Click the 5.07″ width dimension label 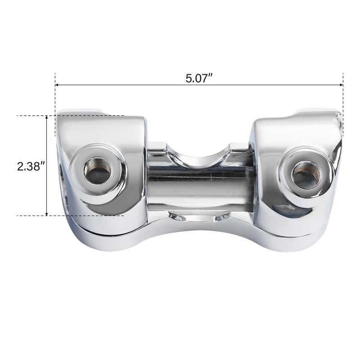click(198, 78)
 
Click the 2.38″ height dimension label click(31, 166)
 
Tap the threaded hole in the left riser click(98, 171)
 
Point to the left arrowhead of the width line click(57, 85)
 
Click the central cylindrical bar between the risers click(198, 184)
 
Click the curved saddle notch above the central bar click(198, 155)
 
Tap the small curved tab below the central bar click(198, 218)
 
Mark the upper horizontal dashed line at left click(31, 116)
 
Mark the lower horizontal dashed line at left click(31, 216)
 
